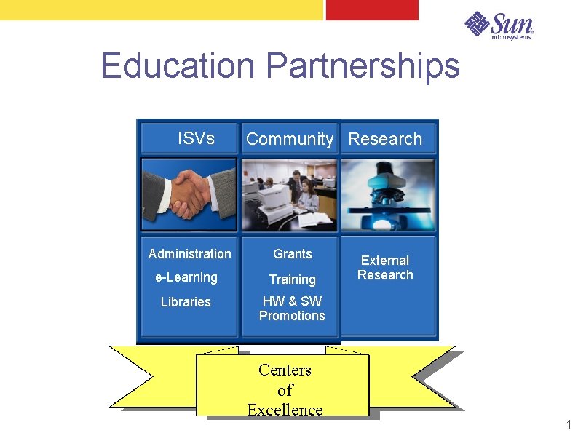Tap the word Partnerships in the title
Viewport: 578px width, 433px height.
pos(363,65)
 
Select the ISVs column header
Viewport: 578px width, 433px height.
pos(196,138)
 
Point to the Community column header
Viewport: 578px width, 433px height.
pos(290,139)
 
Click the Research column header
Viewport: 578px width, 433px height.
pos(385,139)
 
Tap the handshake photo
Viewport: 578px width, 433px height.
pos(189,194)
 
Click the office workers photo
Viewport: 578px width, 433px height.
pos(289,194)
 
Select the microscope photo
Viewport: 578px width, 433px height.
pos(388,194)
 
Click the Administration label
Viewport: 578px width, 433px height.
pos(189,254)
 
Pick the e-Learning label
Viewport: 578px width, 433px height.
pos(186,277)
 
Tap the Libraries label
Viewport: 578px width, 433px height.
pos(186,302)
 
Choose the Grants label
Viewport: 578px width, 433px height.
pos(293,254)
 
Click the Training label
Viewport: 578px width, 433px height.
pos(293,279)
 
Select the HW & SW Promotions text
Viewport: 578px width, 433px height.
pos(292,309)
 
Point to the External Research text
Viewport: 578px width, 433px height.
pos(385,268)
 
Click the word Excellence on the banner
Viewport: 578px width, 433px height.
pos(285,410)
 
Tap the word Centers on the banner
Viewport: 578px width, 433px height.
pos(285,370)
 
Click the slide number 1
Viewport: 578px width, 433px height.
pos(569,425)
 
